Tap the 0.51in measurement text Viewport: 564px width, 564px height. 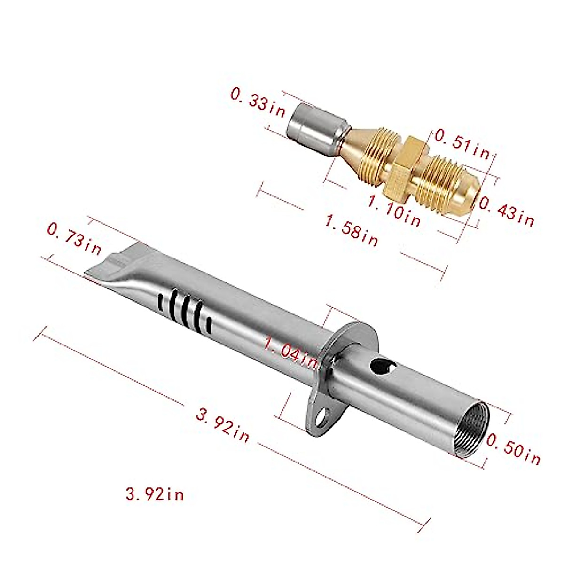[462, 143]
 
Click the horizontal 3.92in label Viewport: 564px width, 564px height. [155, 494]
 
